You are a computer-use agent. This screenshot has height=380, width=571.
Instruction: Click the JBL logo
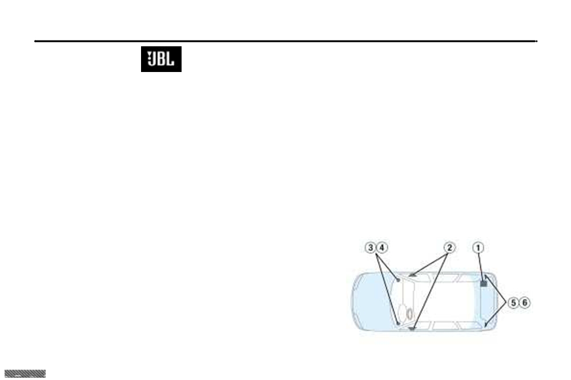[x=162, y=59]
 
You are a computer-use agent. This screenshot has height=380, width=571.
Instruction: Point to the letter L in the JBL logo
[x=170, y=59]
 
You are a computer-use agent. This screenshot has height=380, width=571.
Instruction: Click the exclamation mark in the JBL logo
[x=149, y=57]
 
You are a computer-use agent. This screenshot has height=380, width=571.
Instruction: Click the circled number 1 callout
[x=478, y=248]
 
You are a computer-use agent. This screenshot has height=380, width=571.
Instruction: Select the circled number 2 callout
[x=450, y=248]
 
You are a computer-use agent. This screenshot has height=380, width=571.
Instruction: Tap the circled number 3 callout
[x=371, y=248]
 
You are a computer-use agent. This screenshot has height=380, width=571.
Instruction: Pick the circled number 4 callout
[x=381, y=248]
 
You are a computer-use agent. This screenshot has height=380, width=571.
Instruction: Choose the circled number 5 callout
[x=513, y=303]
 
